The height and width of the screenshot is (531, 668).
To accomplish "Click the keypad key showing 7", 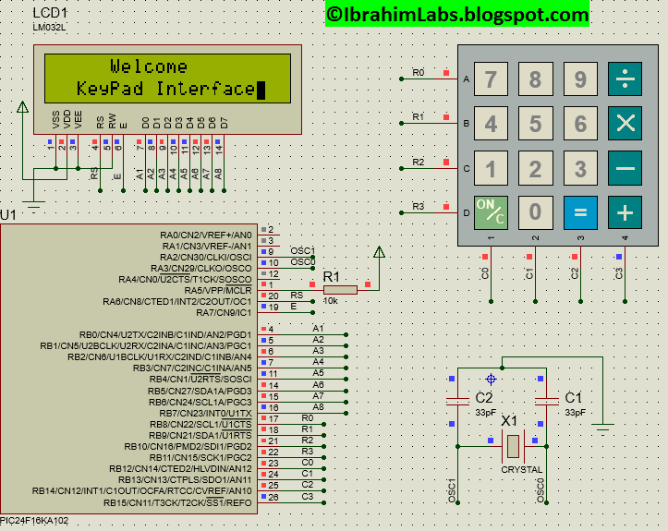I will click(492, 79).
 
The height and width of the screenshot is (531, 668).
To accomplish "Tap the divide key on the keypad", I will click(625, 79).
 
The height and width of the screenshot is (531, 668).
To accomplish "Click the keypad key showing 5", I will click(536, 124).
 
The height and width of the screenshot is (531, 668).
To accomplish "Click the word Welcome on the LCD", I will click(149, 66).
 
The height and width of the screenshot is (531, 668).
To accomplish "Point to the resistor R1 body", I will click(340, 290).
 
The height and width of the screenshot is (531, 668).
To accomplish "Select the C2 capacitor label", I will click(483, 397).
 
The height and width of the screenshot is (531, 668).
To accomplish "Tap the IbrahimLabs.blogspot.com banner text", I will click(456, 14).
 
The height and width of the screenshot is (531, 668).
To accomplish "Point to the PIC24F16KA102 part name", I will click(35, 521).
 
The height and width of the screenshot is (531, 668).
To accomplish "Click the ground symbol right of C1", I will click(604, 427).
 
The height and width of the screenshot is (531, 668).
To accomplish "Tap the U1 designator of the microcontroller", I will click(9, 215).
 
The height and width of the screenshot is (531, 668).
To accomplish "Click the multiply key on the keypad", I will click(625, 124).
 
